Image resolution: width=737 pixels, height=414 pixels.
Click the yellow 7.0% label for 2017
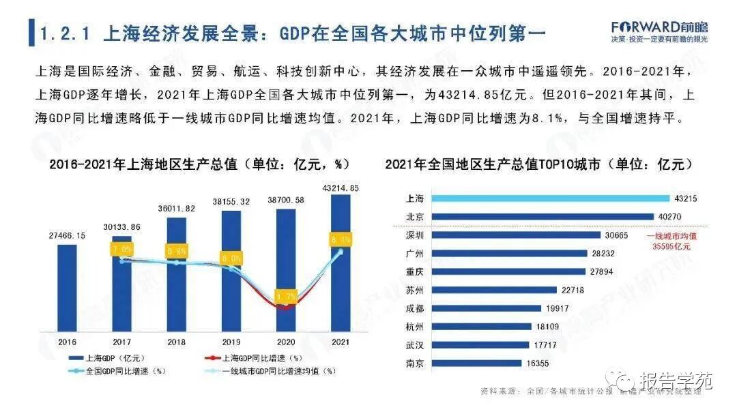click(x=122, y=250)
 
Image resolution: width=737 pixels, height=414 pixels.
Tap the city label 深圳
click(x=415, y=235)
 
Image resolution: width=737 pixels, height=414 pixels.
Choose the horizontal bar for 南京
click(x=478, y=364)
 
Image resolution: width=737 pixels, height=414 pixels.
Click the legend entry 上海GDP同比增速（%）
click(x=255, y=357)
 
